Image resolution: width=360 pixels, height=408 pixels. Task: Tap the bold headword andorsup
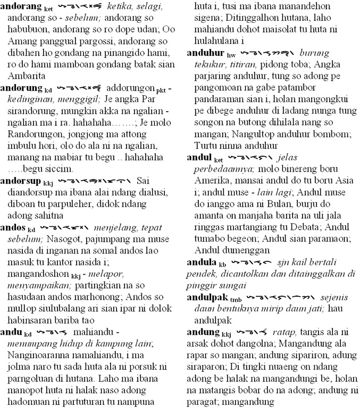point(21,181)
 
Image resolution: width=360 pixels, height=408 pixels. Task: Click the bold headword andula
point(203,262)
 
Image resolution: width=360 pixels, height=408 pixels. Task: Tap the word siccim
point(60,168)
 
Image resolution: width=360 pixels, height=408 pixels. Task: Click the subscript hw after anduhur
point(230,55)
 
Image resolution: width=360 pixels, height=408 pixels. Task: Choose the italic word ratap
point(282,333)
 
